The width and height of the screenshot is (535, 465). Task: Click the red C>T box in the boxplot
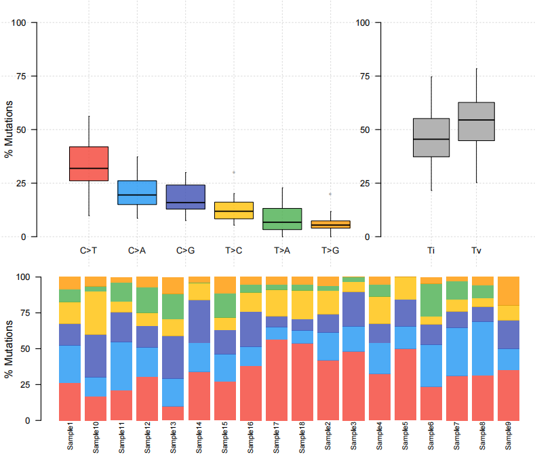89,163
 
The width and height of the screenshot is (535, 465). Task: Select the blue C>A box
137,193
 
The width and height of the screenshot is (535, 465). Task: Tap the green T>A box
282,219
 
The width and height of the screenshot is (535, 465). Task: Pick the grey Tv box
476,121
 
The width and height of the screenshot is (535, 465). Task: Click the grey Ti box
431,138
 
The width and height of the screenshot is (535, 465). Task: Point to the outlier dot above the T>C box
234,172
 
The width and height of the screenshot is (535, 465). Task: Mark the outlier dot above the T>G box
330,195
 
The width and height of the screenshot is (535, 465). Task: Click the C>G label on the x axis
186,251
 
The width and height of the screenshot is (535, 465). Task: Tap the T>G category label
330,251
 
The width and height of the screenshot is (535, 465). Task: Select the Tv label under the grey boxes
476,251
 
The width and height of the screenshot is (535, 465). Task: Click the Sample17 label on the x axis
276,439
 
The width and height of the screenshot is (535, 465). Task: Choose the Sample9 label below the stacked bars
508,439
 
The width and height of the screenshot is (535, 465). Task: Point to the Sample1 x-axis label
70,439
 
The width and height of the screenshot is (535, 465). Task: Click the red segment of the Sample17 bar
276,380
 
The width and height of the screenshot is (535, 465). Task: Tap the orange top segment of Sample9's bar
508,291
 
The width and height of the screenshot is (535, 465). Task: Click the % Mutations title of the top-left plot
9,129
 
